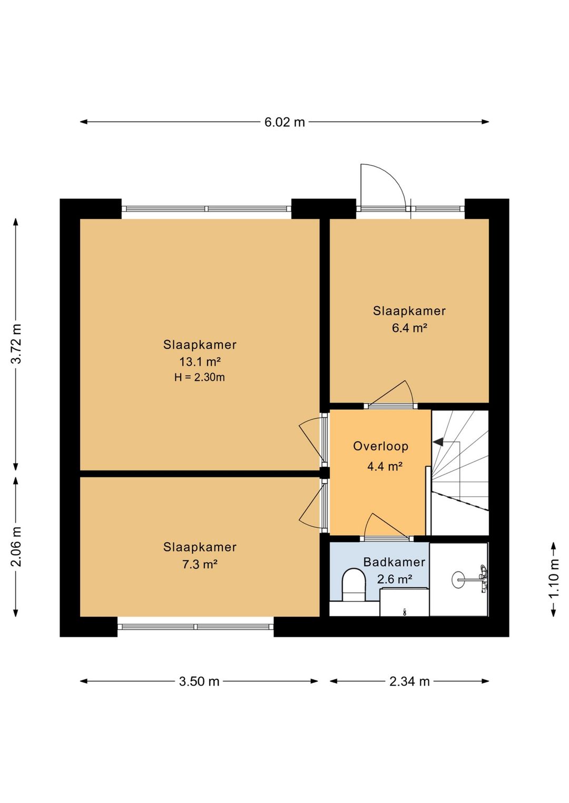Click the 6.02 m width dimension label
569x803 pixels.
pyautogui.click(x=284, y=122)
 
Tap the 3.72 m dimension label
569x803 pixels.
pyautogui.click(x=17, y=344)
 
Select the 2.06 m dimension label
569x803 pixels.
pyautogui.click(x=17, y=547)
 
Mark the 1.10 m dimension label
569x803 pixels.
pyautogui.click(x=554, y=578)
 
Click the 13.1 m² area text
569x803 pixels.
pyautogui.click(x=200, y=362)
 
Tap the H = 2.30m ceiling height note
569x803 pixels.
pyautogui.click(x=200, y=377)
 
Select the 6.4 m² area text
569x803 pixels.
pyautogui.click(x=409, y=328)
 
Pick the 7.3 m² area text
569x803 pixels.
pyautogui.click(x=200, y=564)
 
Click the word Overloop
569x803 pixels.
pyautogui.click(x=380, y=446)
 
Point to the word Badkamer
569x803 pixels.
pyautogui.click(x=394, y=562)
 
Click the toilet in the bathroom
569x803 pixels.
pyautogui.click(x=354, y=585)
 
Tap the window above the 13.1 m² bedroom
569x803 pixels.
pyautogui.click(x=207, y=208)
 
